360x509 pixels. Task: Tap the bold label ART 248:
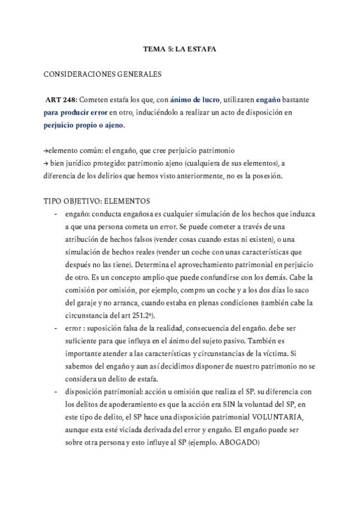61,100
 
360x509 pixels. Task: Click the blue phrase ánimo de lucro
195,100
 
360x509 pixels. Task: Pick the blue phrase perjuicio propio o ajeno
84,126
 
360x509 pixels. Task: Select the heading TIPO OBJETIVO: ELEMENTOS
97,201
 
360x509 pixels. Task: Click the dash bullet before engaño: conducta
56,214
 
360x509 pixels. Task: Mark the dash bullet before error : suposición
56,330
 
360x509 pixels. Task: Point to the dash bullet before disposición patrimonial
56,393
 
